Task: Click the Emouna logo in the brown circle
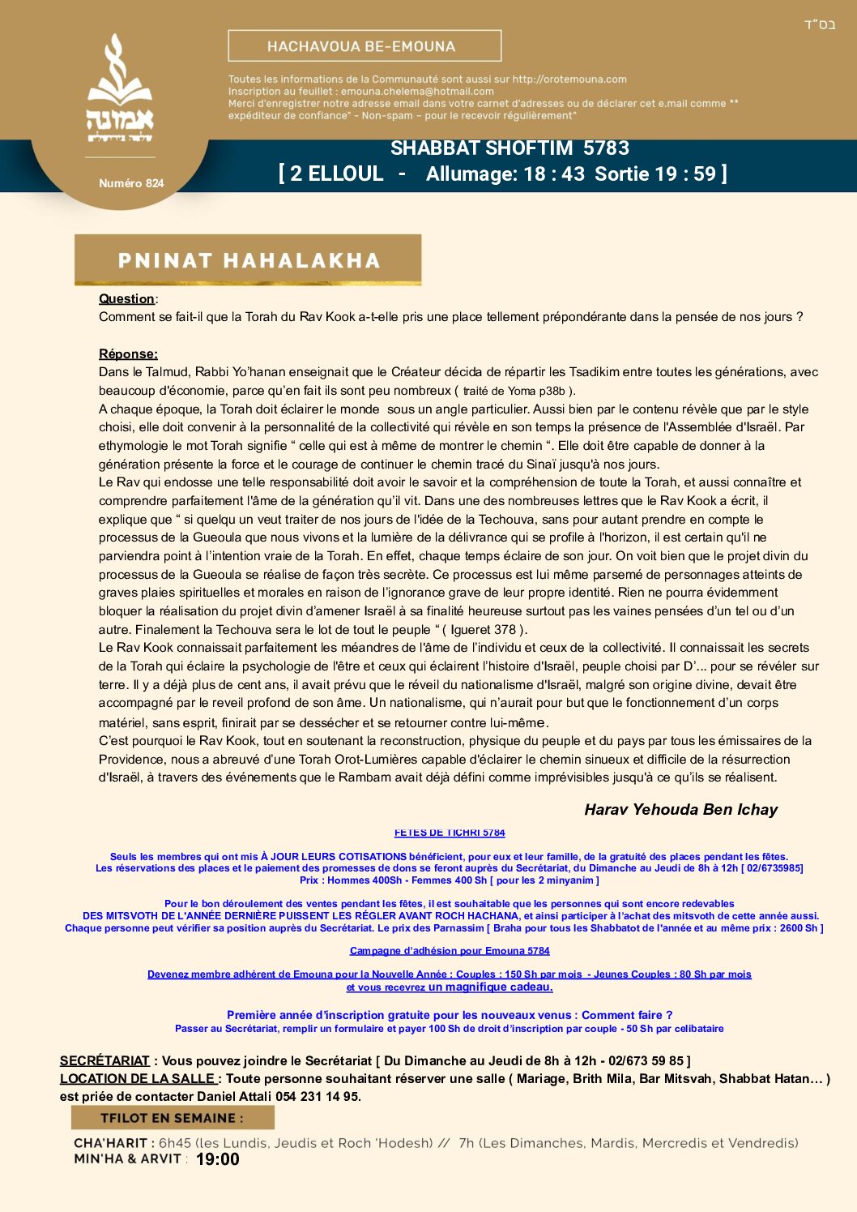120,89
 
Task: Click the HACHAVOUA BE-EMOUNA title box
365,46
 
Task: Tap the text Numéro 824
131,183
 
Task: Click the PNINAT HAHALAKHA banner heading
249,260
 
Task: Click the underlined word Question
126,299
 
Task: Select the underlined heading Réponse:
128,354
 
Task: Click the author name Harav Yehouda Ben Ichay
680,809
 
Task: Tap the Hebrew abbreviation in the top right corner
819,24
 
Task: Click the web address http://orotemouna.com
569,79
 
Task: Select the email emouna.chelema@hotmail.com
417,92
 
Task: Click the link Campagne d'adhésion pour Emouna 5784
450,951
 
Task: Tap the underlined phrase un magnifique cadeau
490,987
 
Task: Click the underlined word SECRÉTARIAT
104,1060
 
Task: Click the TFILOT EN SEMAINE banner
172,1118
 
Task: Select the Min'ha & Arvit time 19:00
218,1159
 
